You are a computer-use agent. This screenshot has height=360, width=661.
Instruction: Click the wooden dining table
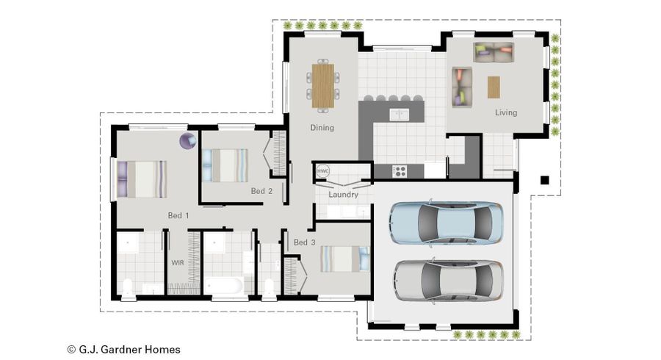click(x=322, y=86)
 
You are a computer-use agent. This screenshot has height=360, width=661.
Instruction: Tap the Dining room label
click(x=322, y=128)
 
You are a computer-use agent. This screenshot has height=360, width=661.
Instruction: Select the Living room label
click(x=505, y=112)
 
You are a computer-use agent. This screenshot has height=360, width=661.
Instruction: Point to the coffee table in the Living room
click(x=494, y=87)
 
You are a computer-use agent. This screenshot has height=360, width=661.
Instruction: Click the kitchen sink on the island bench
click(x=399, y=114)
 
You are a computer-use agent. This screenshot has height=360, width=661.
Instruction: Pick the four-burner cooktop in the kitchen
click(x=400, y=171)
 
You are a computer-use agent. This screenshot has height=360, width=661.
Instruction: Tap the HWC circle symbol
click(x=322, y=170)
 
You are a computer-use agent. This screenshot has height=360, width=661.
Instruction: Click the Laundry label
click(x=343, y=195)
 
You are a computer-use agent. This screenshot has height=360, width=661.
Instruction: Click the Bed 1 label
click(x=178, y=215)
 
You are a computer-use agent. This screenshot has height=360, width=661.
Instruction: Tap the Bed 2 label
click(x=261, y=191)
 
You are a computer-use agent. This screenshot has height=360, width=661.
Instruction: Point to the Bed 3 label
click(x=304, y=242)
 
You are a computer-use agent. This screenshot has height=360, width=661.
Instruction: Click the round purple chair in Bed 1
click(x=188, y=141)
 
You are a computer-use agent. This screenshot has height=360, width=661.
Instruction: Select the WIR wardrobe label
click(x=178, y=262)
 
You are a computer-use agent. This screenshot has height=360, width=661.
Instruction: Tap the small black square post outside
click(x=544, y=180)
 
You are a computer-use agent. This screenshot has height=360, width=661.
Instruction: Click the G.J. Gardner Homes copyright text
click(x=123, y=350)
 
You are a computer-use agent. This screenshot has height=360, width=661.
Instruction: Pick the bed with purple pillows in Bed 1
click(x=142, y=179)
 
